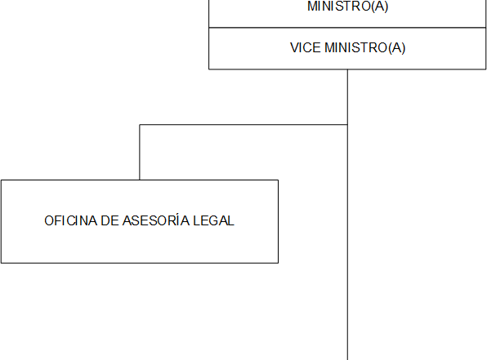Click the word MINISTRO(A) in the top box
(347, 7)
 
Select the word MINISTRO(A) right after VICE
(365, 48)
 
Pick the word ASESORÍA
(156, 220)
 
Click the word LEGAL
(214, 220)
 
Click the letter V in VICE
(295, 48)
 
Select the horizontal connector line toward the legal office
(243, 125)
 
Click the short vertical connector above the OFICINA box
(140, 152)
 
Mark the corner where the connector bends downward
(140, 125)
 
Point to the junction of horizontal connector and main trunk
(347, 125)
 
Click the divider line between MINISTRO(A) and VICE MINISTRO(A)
(347, 28)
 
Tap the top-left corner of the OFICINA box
(2, 180)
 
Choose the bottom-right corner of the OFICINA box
(278, 263)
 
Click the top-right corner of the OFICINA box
(278, 180)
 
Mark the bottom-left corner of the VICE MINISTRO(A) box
(209, 69)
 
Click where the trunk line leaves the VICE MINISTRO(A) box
(347, 69)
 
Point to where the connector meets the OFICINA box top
(140, 180)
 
